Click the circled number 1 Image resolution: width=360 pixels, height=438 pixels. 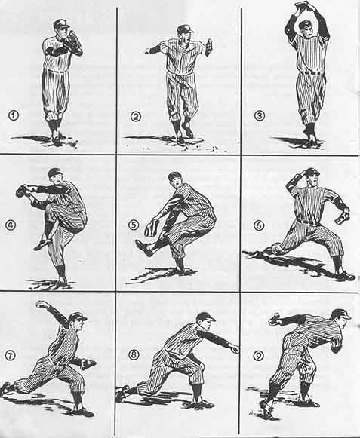coord(14,115)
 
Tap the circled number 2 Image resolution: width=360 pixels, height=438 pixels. coord(136,115)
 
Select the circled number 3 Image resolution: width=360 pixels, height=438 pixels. coord(260,115)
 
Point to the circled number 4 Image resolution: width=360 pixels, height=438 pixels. coord(11,225)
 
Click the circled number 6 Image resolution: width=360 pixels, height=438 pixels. coord(259,225)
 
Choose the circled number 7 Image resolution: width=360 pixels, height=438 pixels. coord(11,355)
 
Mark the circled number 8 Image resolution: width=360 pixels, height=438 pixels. coord(134,355)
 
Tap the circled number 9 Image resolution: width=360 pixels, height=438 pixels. coord(258,355)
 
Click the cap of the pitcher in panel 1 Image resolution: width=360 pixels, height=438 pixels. coord(61,23)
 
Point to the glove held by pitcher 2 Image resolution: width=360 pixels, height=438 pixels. coord(208,47)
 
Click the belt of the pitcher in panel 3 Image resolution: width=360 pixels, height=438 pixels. coord(311,73)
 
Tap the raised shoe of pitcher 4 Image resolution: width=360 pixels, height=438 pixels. coord(42,244)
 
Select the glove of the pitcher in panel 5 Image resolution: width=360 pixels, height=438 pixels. coord(152,228)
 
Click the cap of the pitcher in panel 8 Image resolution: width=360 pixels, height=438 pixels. coord(205,317)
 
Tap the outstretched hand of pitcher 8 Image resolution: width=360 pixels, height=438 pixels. coord(235,348)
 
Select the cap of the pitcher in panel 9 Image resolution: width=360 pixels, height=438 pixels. coord(341,314)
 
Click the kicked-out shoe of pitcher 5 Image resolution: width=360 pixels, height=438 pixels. coord(144,247)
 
